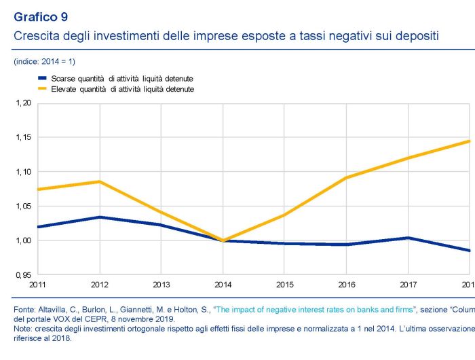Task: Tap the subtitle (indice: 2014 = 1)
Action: (x=44, y=62)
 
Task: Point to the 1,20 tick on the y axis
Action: (x=23, y=103)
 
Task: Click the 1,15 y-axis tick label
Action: (x=23, y=138)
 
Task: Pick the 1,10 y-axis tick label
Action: (x=23, y=172)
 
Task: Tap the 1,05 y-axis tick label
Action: (x=23, y=206)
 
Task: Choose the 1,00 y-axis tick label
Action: (x=23, y=240)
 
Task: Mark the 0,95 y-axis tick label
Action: (x=23, y=275)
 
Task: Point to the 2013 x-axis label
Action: (x=162, y=284)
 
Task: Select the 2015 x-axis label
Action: (x=285, y=284)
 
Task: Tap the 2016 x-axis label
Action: (x=347, y=284)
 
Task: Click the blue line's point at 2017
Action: (x=408, y=238)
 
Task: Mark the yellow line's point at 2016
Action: (x=347, y=178)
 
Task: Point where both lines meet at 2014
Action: (x=223, y=240)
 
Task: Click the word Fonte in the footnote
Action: (x=24, y=310)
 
